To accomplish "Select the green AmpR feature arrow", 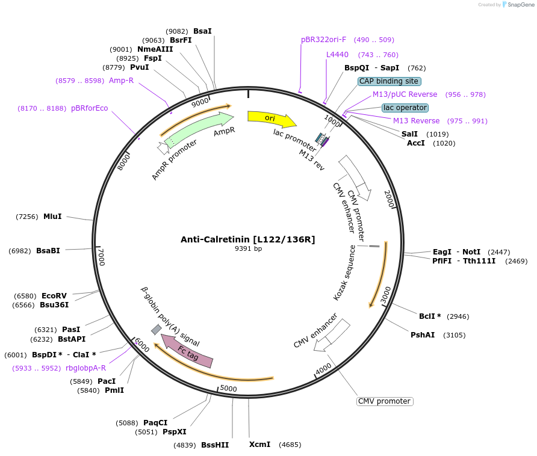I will (x=199, y=129).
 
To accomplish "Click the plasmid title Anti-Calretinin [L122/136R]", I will (x=247, y=239).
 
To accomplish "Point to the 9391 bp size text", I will (x=248, y=248).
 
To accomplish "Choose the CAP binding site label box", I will (x=389, y=81).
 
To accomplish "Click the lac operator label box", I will (x=405, y=108).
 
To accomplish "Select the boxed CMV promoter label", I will (x=385, y=401).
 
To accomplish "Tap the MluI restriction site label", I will (x=52, y=217).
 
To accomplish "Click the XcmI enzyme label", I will (x=260, y=445).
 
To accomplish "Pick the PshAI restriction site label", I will (x=423, y=335).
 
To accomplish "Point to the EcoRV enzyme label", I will (x=54, y=296).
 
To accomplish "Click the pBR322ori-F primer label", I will (x=324, y=40).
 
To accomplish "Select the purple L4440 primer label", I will (x=337, y=55).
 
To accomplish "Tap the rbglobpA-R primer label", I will (x=86, y=368).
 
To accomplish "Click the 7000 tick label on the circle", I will (x=101, y=257).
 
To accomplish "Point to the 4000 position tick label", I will (x=323, y=368).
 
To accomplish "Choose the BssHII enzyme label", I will (x=215, y=445).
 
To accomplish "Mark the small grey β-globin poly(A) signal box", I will (x=156, y=329).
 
